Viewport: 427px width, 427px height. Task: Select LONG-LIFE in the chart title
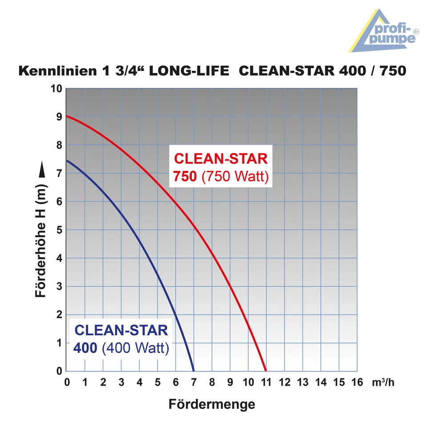point(189,71)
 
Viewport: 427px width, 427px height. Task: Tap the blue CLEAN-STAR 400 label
point(121,338)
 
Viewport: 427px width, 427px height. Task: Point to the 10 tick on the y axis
point(57,89)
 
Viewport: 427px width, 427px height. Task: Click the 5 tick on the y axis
point(60,230)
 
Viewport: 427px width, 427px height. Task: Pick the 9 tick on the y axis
point(60,117)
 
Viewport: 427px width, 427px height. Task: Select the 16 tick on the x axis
point(357,382)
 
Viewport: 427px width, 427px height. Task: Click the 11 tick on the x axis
point(266,382)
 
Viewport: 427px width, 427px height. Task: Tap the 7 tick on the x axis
point(193,382)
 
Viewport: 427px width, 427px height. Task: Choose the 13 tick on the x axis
point(302,382)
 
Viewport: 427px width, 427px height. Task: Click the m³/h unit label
point(383,382)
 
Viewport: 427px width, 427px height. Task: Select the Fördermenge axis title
point(212,404)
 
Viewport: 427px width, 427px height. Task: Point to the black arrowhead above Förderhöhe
point(42,170)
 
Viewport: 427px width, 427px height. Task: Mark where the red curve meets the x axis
point(266,371)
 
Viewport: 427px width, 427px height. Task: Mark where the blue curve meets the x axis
point(193,371)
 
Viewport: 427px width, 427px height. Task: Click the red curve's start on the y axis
point(66,116)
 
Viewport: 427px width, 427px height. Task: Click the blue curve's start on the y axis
point(66,161)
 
